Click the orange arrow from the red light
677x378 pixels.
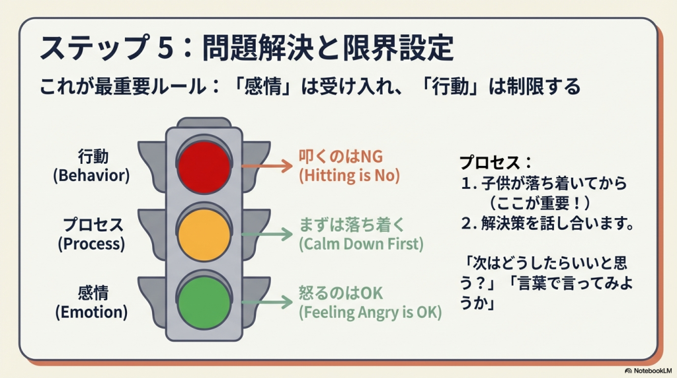click(266, 165)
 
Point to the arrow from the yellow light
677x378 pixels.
click(266, 233)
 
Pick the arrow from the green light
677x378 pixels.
click(266, 302)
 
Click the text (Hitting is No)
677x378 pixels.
click(349, 176)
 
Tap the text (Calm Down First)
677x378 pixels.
click(360, 244)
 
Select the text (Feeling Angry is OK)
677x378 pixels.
click(370, 312)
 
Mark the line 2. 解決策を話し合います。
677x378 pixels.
click(548, 224)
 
